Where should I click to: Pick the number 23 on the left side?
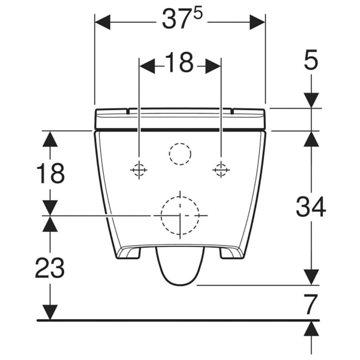point(50,268)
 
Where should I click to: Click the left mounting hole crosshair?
point(139,170)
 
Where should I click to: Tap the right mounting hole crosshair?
point(220,170)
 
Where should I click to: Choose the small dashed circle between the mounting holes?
point(180,154)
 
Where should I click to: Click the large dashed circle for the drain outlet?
point(180,216)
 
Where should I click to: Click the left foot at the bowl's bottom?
point(129,253)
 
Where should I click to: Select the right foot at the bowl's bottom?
point(231,253)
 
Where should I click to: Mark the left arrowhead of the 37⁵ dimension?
point(103,22)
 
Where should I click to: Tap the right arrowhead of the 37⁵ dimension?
point(257,22)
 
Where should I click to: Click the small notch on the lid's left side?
point(128,110)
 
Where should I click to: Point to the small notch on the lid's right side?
point(232,110)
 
